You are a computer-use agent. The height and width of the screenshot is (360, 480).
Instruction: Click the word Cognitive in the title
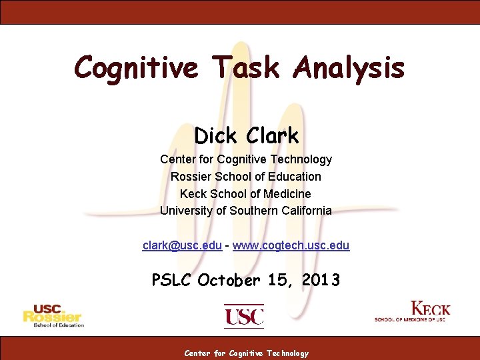click(x=135, y=67)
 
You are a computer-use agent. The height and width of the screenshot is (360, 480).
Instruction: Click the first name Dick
click(x=216, y=136)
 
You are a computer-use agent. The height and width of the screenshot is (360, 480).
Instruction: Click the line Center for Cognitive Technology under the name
click(x=245, y=159)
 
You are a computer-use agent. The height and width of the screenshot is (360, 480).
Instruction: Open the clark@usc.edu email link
click(x=182, y=245)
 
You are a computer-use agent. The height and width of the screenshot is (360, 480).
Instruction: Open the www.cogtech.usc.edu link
click(x=291, y=245)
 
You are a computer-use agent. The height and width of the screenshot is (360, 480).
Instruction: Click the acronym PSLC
click(x=172, y=281)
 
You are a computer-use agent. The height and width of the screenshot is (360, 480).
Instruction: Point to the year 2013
click(x=321, y=281)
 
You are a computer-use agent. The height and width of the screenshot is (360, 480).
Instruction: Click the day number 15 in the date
click(x=279, y=281)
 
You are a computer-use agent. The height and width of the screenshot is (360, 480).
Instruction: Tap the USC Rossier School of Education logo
click(x=53, y=316)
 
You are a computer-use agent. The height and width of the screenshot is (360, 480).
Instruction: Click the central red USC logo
click(x=244, y=316)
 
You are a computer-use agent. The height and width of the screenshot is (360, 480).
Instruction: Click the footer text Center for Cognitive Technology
click(x=247, y=353)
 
